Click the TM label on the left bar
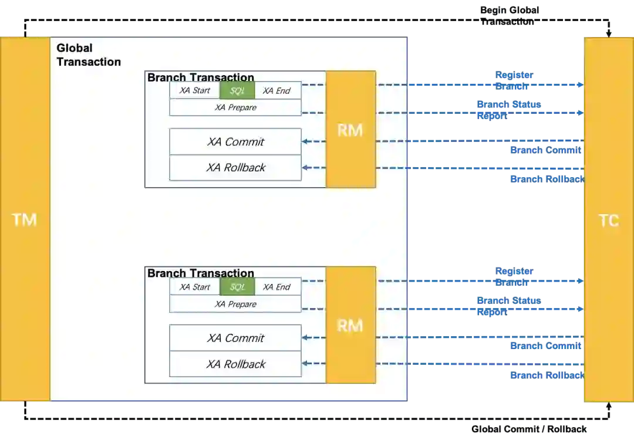(25, 220)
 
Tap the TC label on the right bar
(608, 221)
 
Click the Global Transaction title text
(89, 55)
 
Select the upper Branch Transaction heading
(201, 77)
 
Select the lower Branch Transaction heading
(201, 273)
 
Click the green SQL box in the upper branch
(237, 90)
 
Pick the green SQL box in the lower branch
(237, 287)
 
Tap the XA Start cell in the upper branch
(195, 90)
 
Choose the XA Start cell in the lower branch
(195, 287)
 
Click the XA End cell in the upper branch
(277, 90)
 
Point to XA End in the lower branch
(277, 287)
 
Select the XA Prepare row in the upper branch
(235, 107)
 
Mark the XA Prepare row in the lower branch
(235, 304)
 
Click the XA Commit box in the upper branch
(235, 142)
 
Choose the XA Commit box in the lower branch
(235, 338)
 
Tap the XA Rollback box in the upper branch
(235, 168)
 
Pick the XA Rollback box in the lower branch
(235, 364)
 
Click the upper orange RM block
(350, 130)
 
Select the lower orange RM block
(350, 325)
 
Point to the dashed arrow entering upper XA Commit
(314, 141)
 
